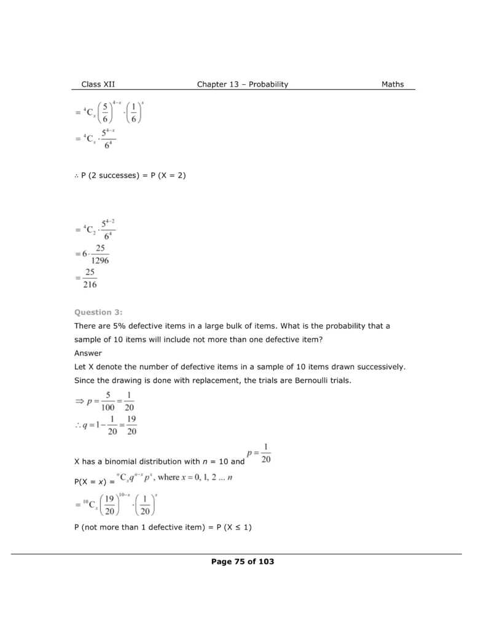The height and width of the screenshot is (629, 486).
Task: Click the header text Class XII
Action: tap(98, 85)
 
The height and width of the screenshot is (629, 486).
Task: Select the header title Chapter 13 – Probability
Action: tap(242, 85)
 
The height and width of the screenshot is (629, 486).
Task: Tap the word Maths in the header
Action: tap(393, 85)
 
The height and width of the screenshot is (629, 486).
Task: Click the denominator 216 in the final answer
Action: tap(90, 285)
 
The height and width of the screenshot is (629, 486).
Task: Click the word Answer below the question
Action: tap(88, 353)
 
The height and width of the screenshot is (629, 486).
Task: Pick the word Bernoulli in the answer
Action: tap(302, 381)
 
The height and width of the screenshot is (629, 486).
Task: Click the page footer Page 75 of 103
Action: tap(242, 562)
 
